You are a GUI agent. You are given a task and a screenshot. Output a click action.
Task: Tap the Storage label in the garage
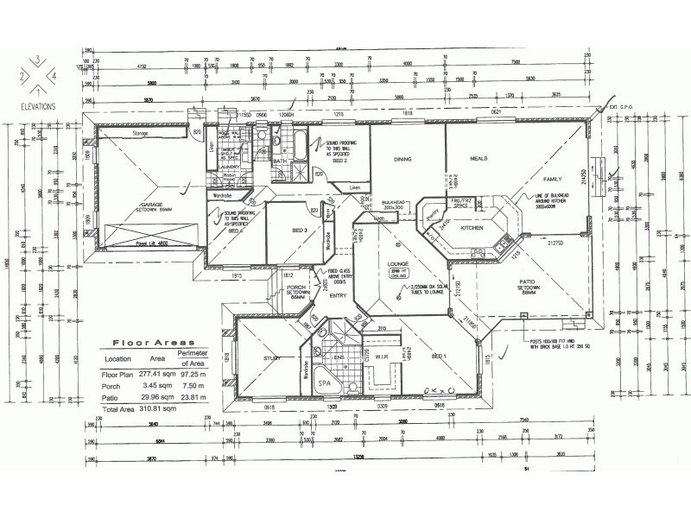click(141, 135)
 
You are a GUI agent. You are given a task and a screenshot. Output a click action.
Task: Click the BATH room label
click(280, 161)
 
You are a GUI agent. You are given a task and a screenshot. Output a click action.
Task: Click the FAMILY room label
click(551, 179)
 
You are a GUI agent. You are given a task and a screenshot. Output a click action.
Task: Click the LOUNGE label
click(398, 262)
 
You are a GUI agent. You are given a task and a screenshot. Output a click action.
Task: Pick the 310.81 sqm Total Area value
click(160, 407)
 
